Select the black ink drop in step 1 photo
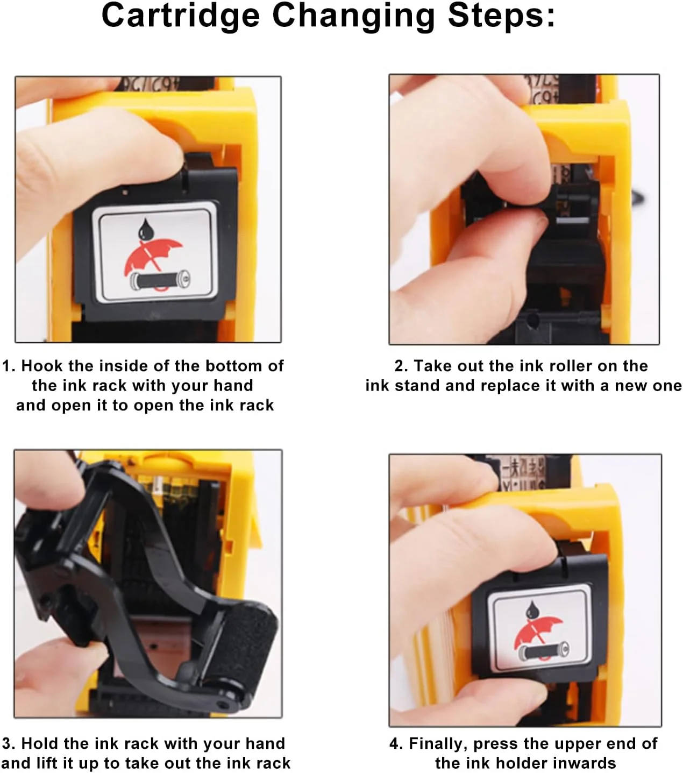[146, 229]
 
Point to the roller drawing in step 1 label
[160, 280]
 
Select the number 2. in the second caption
[401, 366]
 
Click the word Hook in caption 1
[42, 366]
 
